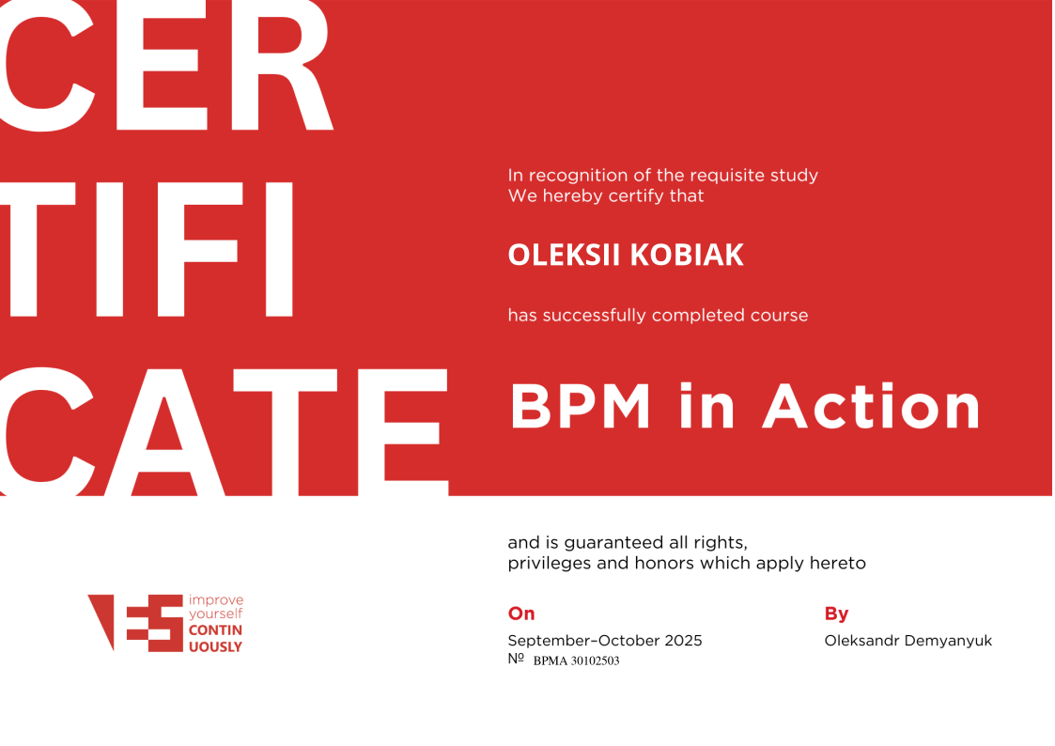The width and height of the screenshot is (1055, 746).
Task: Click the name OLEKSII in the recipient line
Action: tap(563, 255)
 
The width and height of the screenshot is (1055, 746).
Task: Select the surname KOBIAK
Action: tap(687, 255)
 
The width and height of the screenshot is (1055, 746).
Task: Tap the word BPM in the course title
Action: tap(581, 406)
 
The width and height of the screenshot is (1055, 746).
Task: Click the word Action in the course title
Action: tap(871, 406)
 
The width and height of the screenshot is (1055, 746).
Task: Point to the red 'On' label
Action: tap(521, 614)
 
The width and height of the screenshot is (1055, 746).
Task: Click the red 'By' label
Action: tap(836, 614)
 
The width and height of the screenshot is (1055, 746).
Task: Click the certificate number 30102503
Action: tap(595, 661)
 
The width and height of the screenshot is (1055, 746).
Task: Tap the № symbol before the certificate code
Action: tap(516, 659)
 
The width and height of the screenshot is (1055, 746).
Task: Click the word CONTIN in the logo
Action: tap(215, 630)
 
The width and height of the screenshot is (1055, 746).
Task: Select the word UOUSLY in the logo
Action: tap(215, 647)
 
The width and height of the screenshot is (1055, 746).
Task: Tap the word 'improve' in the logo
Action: tap(216, 600)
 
